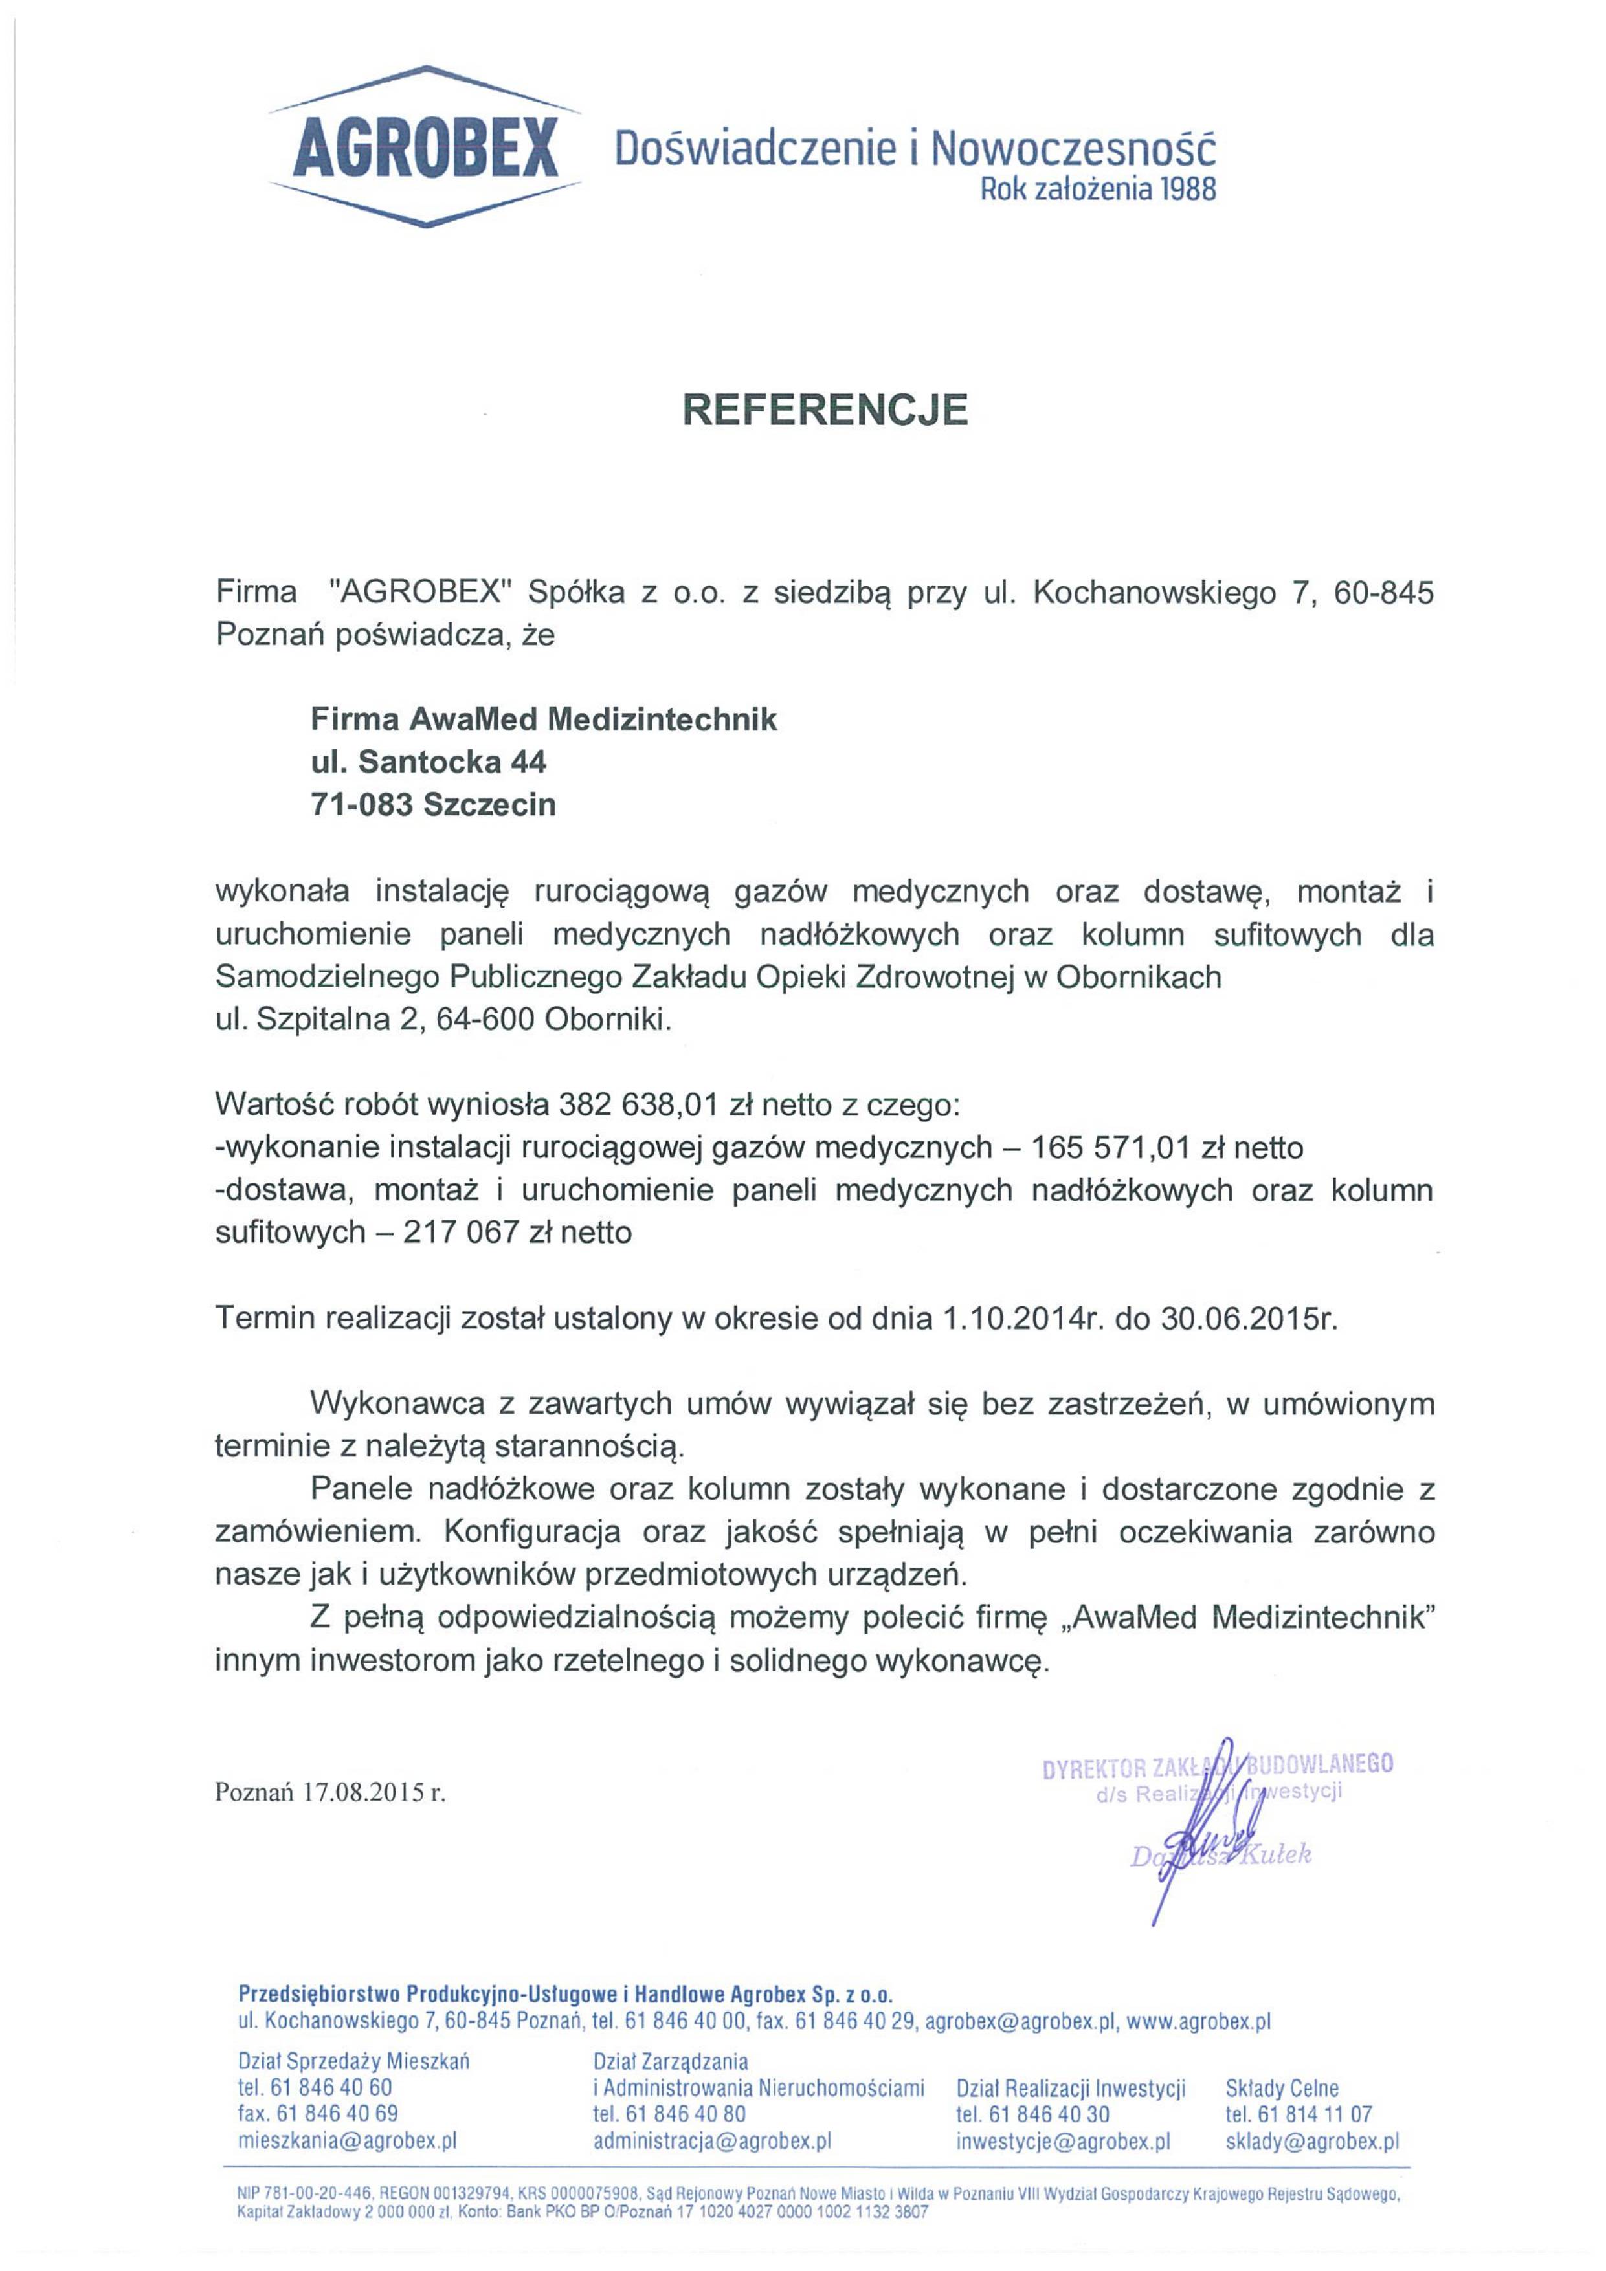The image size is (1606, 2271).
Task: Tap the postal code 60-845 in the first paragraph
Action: click(1383, 593)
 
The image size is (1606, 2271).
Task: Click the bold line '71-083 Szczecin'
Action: click(434, 805)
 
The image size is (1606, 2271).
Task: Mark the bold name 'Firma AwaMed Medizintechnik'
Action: click(543, 718)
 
